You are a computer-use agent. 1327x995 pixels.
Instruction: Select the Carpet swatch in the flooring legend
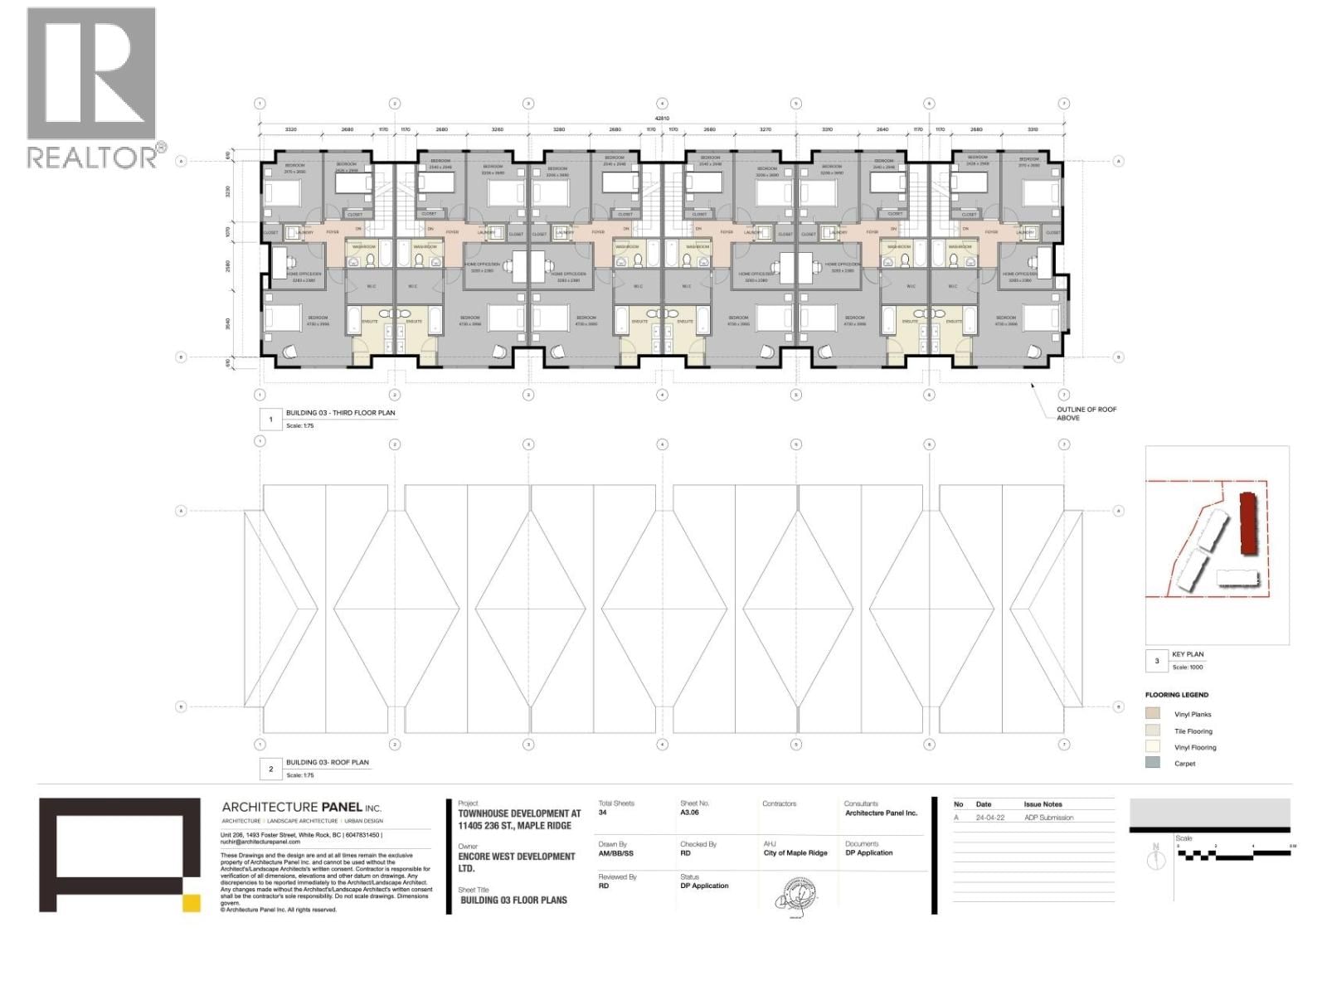(x=1153, y=763)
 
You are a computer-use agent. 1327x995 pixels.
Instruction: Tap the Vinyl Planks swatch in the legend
(x=1153, y=713)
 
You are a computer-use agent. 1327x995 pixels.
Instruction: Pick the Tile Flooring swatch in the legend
(x=1153, y=730)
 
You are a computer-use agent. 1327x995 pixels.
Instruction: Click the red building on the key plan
(x=1246, y=523)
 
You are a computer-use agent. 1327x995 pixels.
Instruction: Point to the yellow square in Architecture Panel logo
(x=192, y=903)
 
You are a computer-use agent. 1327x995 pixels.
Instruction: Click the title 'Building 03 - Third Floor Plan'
(x=340, y=413)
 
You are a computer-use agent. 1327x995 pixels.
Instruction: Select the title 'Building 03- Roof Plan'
(x=327, y=762)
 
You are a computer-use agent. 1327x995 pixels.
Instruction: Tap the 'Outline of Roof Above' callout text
(x=1086, y=414)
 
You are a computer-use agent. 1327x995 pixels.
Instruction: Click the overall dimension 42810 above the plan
(x=661, y=119)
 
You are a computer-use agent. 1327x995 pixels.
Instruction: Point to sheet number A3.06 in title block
(x=689, y=813)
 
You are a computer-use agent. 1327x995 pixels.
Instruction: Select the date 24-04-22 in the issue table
(x=989, y=818)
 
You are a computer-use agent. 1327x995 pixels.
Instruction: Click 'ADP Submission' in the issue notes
(x=1048, y=818)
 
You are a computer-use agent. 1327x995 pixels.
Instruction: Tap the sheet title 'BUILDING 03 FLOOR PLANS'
(x=513, y=900)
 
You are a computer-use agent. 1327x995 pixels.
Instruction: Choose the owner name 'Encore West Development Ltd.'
(x=516, y=862)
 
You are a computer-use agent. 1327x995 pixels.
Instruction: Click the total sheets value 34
(x=603, y=813)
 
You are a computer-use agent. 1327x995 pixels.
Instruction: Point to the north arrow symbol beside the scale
(x=1155, y=858)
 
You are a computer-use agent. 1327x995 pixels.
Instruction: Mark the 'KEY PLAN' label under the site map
(x=1188, y=654)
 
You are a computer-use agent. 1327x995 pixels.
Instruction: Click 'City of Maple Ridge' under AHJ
(x=795, y=853)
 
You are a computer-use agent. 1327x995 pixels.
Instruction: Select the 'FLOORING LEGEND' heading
(x=1176, y=695)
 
